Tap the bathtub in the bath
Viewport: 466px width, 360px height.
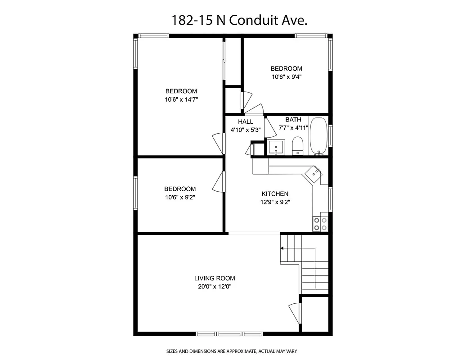click(x=319, y=136)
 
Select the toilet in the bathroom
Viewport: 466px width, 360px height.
click(x=298, y=145)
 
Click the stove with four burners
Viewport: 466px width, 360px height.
click(x=320, y=224)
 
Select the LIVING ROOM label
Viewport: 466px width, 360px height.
click(x=215, y=279)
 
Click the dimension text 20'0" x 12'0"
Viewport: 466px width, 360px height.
click(x=215, y=287)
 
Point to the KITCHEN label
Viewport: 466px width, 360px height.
click(x=275, y=194)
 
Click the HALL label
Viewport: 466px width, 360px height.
click(x=246, y=122)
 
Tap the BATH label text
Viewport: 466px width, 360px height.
click(x=293, y=120)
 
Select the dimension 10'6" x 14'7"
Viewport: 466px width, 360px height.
click(x=181, y=99)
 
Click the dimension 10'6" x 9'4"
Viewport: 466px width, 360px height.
click(x=286, y=76)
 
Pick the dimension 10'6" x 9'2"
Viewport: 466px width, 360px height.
click(x=180, y=197)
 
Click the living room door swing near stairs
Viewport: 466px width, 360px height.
click(x=294, y=311)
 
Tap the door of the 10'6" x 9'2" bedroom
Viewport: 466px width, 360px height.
click(x=219, y=182)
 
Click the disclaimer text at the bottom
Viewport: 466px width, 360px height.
click(x=232, y=351)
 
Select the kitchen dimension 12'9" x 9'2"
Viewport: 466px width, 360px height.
click(x=275, y=202)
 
